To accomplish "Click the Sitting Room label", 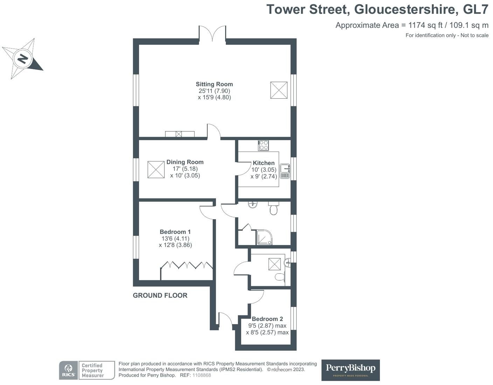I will point(214,84).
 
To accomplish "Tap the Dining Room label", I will point(185,162).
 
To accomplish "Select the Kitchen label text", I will point(264,163).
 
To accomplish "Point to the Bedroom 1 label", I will point(175,232).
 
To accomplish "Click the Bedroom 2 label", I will point(267,319).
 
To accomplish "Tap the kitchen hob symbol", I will point(263,145).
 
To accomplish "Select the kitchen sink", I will point(285,171).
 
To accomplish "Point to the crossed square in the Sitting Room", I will point(279,90).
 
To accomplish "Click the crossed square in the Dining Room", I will point(156,170).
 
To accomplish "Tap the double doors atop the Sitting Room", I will point(212,34).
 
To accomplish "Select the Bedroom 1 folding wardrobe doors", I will point(187,265).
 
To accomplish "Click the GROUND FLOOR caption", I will point(160,295).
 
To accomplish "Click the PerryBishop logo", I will point(350,370).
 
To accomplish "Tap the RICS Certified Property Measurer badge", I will point(87,370).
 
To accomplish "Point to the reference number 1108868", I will point(202,375).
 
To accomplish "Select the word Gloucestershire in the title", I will point(406,9).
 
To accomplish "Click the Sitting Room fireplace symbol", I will point(180,134).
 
